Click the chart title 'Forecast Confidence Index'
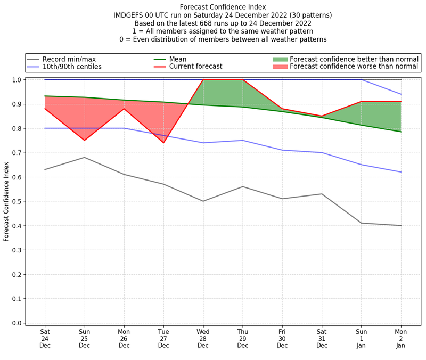tap(223, 7)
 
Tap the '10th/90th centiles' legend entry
tap(72, 67)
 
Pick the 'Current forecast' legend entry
tap(195, 67)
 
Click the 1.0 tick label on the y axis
tap(17, 80)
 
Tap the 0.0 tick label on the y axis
tap(17, 323)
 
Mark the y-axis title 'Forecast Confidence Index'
tap(7, 201)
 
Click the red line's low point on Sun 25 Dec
tap(84, 141)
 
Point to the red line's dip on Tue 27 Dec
tap(163, 143)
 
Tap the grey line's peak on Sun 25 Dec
tap(84, 157)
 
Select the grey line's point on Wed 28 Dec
tap(203, 201)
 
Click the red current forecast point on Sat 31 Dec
tap(322, 116)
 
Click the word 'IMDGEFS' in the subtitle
tap(131, 15)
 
